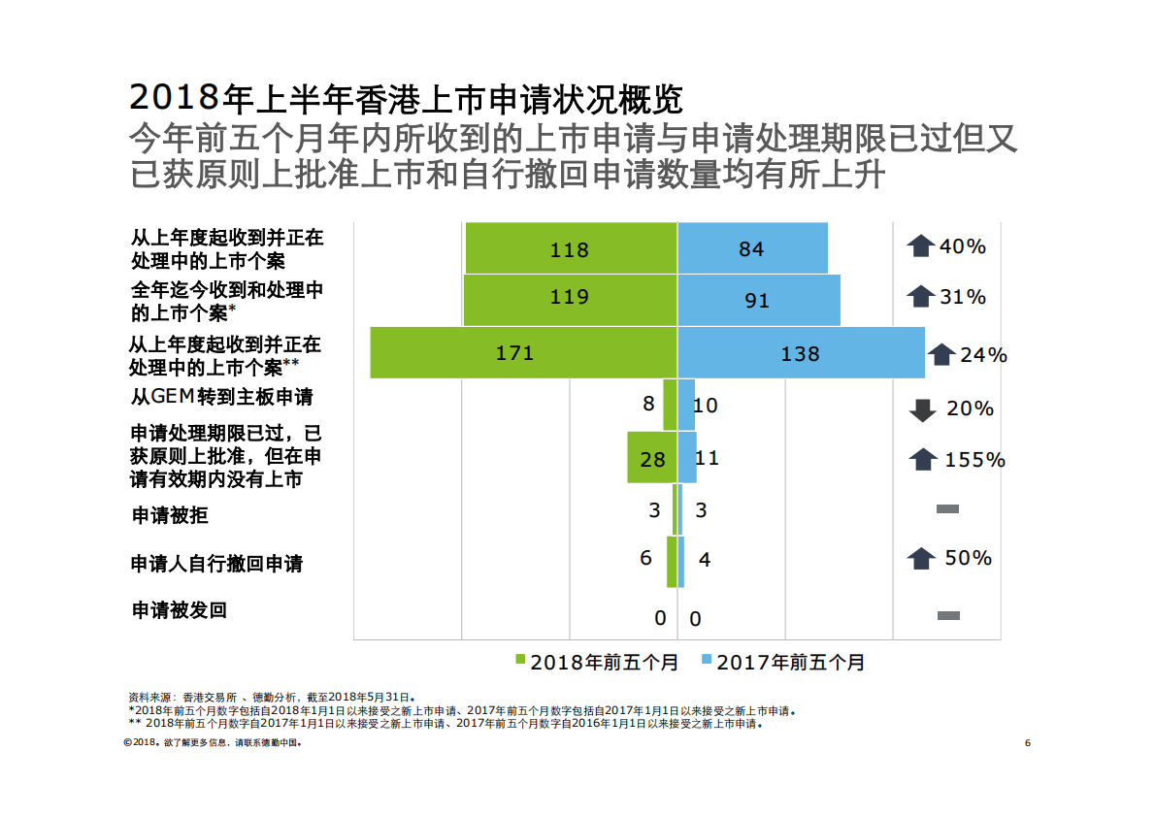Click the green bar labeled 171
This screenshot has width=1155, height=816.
tap(522, 353)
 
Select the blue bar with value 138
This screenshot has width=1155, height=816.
tap(801, 353)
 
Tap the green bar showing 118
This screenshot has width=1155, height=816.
tap(570, 248)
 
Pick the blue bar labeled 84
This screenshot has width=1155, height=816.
tap(752, 248)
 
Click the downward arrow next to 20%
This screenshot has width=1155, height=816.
tap(922, 410)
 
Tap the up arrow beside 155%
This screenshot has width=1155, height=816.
tap(922, 460)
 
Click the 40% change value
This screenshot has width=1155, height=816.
tap(963, 246)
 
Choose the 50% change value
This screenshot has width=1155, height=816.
tap(968, 558)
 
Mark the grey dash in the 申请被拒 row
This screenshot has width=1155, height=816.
tap(947, 509)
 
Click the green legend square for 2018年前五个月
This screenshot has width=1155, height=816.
tap(520, 662)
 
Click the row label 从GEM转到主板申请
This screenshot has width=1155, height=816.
tap(222, 397)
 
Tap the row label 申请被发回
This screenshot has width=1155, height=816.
tap(179, 610)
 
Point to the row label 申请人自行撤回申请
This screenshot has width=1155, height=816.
tap(216, 564)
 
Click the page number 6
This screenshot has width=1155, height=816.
tap(1027, 743)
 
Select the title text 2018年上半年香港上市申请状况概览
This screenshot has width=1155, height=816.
tap(406, 98)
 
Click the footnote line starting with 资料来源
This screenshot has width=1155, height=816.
tap(272, 698)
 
